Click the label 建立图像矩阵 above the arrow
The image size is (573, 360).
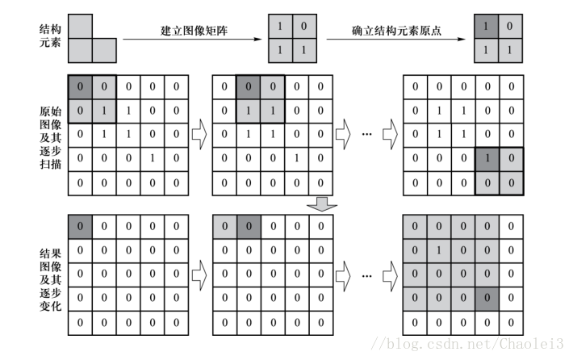pyautogui.click(x=195, y=31)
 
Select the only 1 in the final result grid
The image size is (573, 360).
pyautogui.click(x=437, y=250)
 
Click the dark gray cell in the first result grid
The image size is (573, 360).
pyautogui.click(x=81, y=226)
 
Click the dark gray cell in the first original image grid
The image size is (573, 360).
pyautogui.click(x=81, y=85)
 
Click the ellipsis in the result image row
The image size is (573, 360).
pyautogui.click(x=367, y=275)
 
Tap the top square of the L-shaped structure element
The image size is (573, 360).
pyautogui.click(x=80, y=27)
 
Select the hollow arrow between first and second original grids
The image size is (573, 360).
pyautogui.click(x=199, y=133)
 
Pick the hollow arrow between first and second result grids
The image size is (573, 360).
pyautogui.click(x=199, y=274)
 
